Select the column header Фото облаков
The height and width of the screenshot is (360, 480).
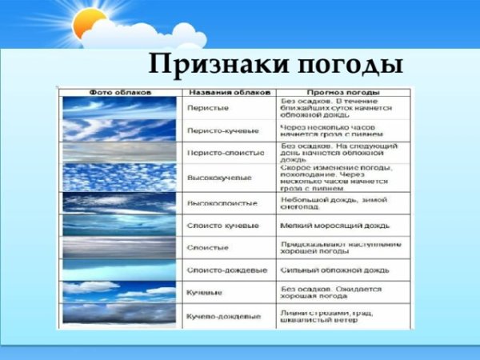120,92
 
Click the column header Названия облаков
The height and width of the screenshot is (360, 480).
228,92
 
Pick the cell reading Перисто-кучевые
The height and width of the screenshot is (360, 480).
223,130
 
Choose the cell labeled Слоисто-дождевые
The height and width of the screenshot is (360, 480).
225,271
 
